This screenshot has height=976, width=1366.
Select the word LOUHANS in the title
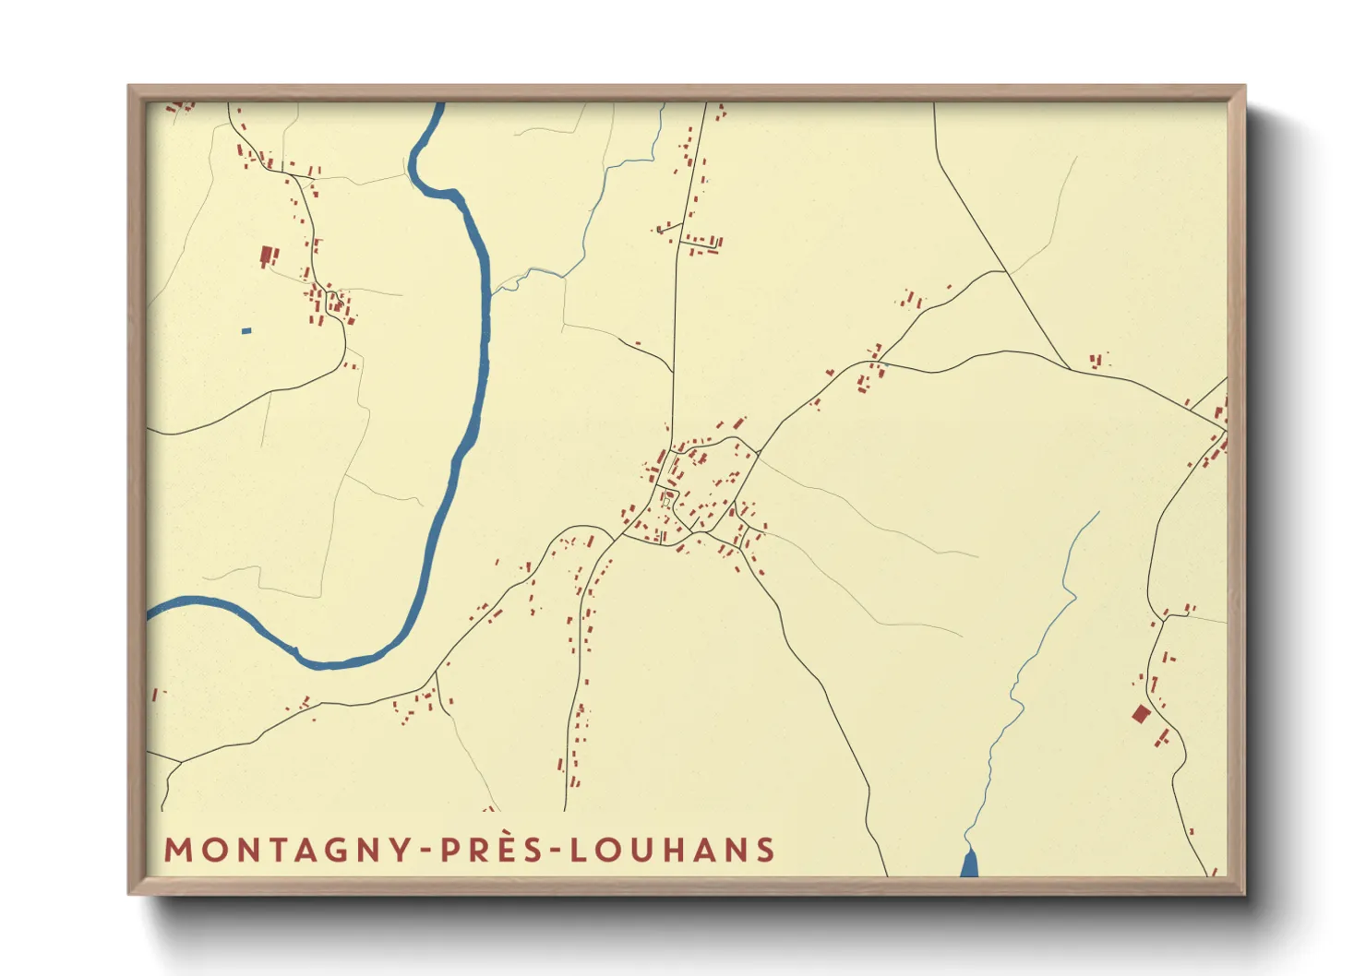672,850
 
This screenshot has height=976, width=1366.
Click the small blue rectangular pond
246,330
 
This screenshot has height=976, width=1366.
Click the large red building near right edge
1141,713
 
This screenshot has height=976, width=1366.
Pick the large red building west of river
268,255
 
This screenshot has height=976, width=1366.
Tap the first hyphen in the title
426,851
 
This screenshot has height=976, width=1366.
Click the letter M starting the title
178,850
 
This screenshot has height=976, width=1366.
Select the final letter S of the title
765,850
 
